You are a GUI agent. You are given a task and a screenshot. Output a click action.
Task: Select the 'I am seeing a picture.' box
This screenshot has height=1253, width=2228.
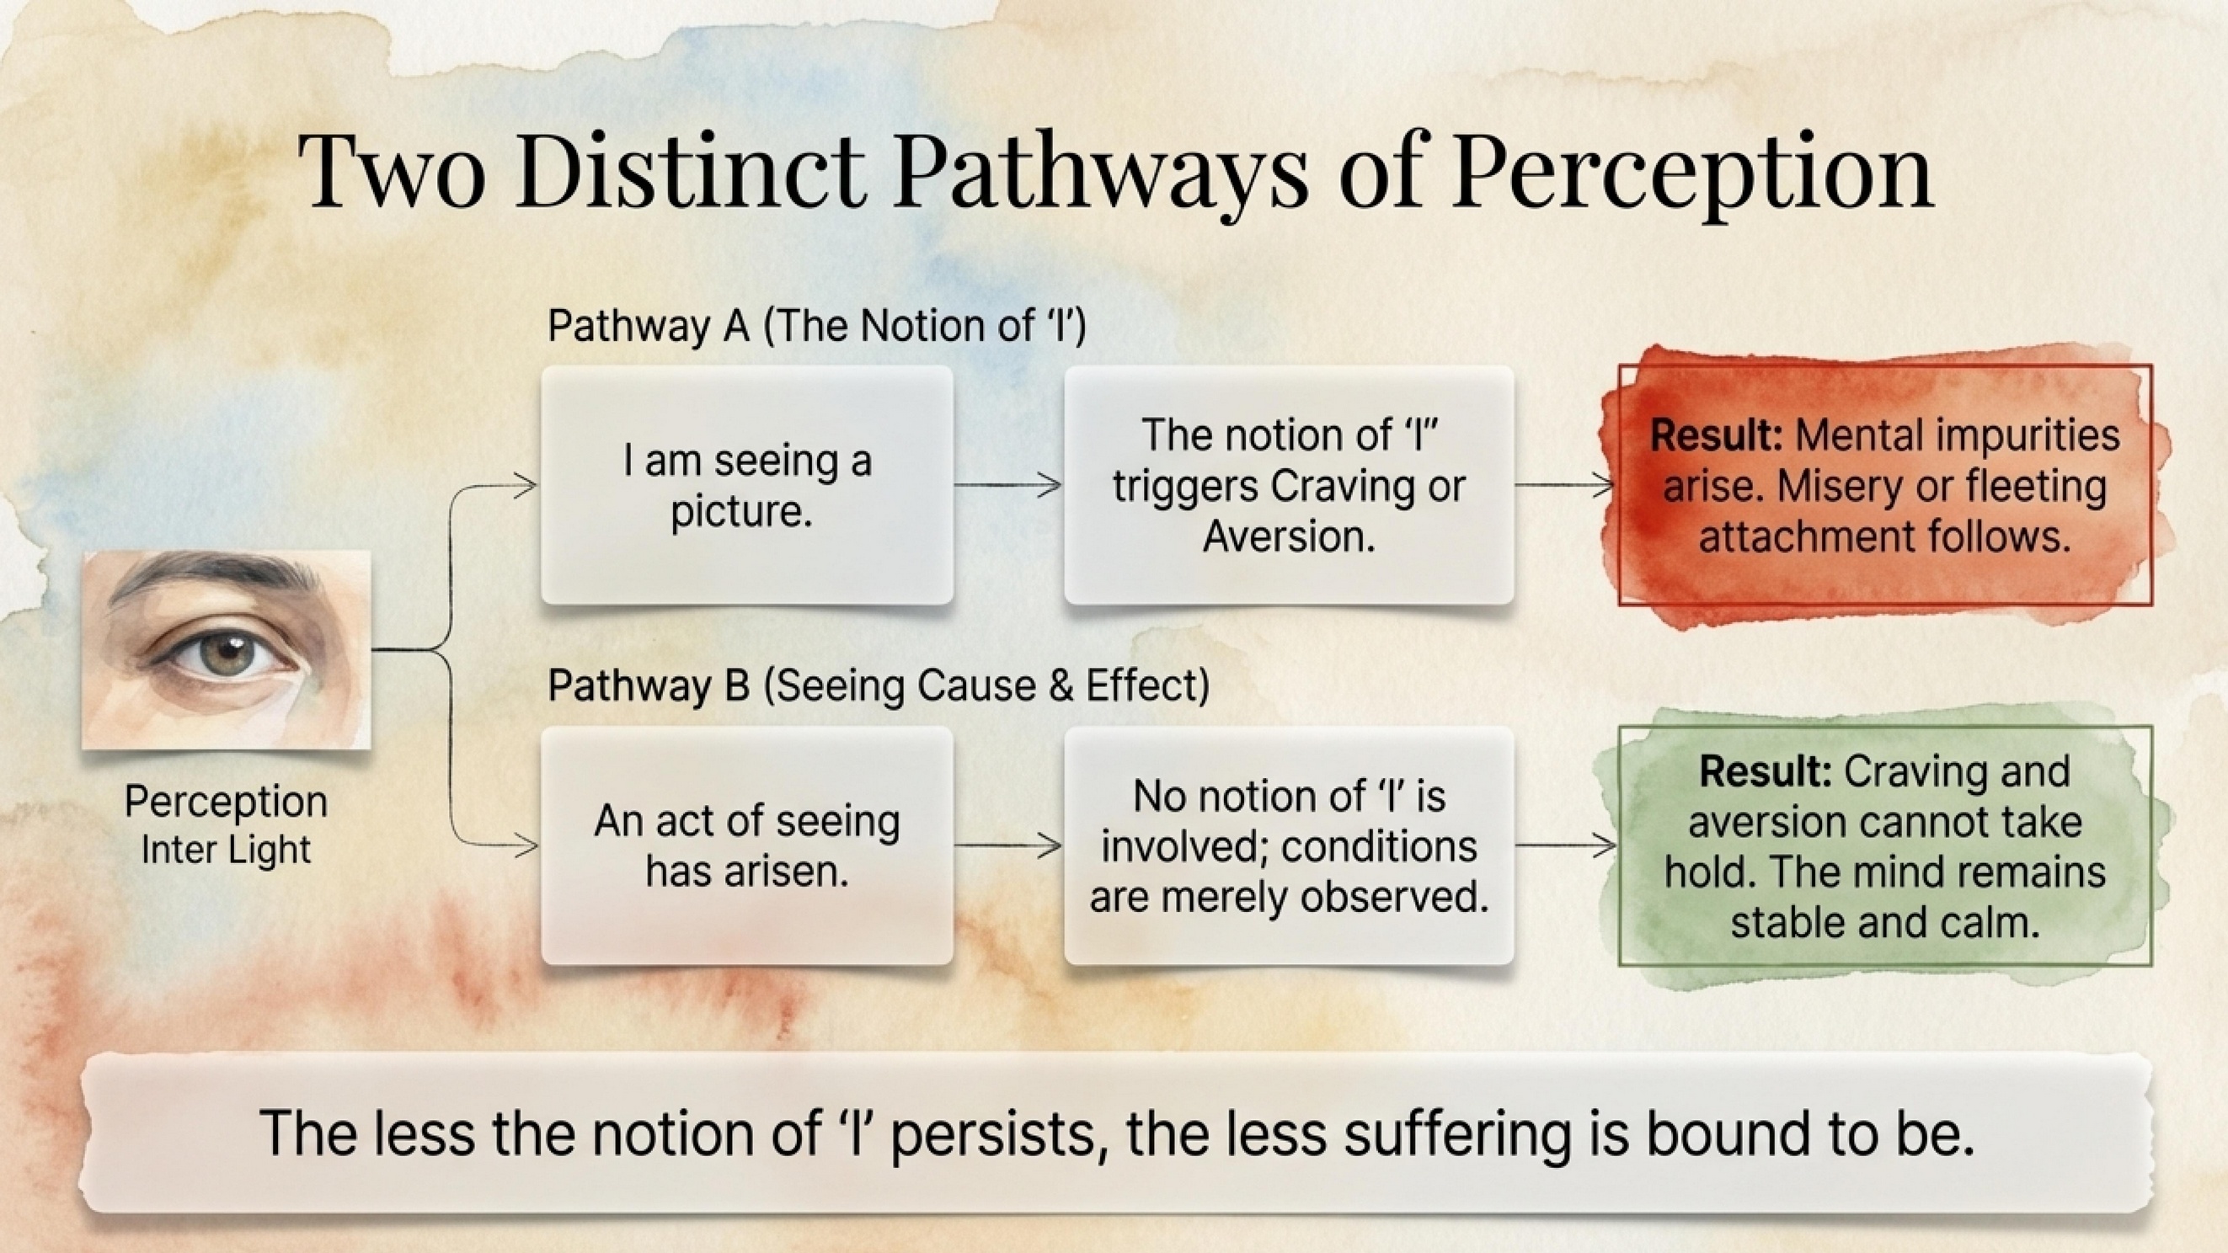747,485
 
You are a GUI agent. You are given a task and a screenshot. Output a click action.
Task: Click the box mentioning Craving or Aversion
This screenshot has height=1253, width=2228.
1289,485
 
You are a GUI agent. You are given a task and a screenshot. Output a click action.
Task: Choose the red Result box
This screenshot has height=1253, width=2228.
1885,485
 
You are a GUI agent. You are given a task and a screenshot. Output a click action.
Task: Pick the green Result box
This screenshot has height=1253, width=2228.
1885,845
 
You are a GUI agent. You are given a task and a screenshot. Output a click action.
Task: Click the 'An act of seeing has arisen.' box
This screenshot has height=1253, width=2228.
747,845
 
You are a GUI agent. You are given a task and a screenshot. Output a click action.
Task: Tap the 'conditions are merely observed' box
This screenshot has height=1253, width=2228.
1289,845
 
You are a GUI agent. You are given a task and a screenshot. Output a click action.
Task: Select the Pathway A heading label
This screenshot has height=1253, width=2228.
816,327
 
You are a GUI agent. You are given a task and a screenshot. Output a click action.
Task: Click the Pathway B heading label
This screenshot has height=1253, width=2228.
879,686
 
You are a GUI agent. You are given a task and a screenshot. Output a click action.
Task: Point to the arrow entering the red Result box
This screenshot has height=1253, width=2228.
1565,485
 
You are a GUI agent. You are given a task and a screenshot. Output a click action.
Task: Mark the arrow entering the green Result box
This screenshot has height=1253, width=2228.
1565,845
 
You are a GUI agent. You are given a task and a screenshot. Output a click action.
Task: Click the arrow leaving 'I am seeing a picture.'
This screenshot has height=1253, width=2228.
1008,485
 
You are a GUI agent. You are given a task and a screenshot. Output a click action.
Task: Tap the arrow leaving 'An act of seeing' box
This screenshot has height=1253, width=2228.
1008,845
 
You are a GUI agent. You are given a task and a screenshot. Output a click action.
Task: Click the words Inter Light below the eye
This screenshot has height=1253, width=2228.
226,849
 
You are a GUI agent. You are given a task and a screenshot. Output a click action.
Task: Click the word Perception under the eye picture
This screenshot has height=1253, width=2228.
226,802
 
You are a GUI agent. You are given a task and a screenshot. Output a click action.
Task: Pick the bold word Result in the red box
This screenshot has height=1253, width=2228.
1716,435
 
